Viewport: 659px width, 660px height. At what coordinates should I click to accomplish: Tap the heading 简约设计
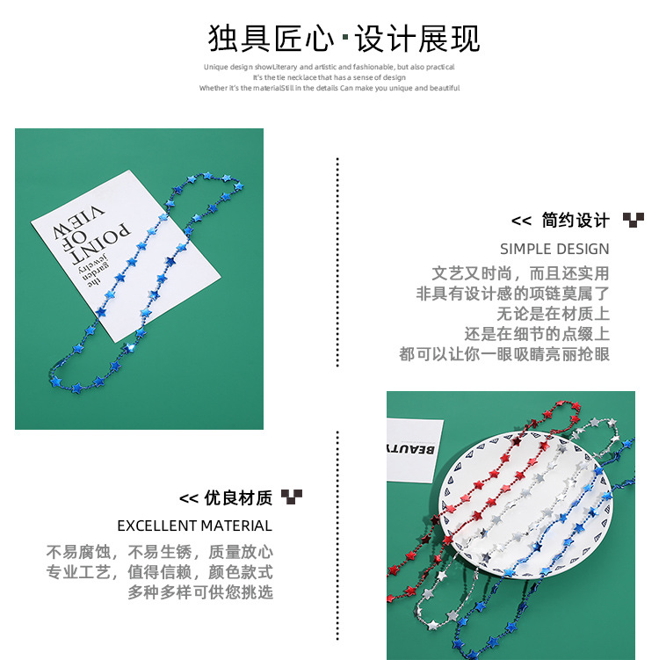click(x=576, y=220)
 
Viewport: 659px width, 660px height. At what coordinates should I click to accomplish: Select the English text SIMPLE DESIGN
click(x=554, y=249)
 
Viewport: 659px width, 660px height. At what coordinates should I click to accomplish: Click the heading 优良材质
click(x=238, y=498)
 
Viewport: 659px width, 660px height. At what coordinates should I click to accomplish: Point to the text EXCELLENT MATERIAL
click(x=194, y=526)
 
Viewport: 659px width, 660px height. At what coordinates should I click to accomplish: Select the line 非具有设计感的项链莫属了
click(x=512, y=294)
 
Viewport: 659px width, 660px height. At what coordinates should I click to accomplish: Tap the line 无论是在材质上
click(x=553, y=314)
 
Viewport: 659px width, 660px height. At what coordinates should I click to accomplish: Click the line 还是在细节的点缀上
click(x=537, y=334)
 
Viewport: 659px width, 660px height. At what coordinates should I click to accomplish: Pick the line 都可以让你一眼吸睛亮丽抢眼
click(x=504, y=354)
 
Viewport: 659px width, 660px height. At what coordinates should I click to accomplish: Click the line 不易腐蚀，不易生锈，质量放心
click(x=159, y=552)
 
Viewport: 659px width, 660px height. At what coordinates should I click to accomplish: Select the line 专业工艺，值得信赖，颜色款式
click(x=159, y=572)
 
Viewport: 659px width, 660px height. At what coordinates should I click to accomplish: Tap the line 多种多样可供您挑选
click(x=200, y=592)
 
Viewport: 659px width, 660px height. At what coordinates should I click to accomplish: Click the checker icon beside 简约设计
click(x=633, y=220)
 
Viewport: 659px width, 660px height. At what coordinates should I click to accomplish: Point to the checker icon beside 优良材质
click(x=292, y=497)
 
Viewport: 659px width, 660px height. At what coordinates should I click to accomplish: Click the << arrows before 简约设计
click(x=522, y=221)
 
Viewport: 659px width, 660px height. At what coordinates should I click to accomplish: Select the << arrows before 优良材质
click(x=189, y=499)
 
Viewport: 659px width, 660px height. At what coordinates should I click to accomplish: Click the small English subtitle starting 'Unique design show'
click(x=329, y=67)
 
